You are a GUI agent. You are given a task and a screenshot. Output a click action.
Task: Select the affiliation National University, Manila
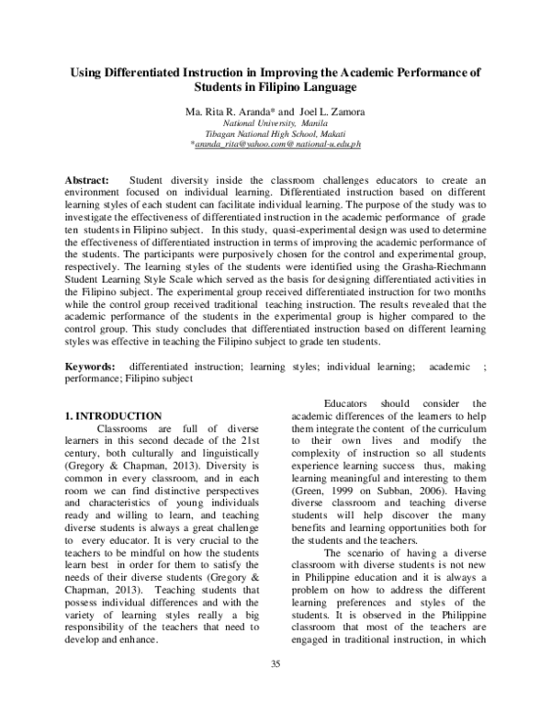click(275, 122)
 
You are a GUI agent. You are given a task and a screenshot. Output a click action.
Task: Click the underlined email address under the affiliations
click(275, 145)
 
